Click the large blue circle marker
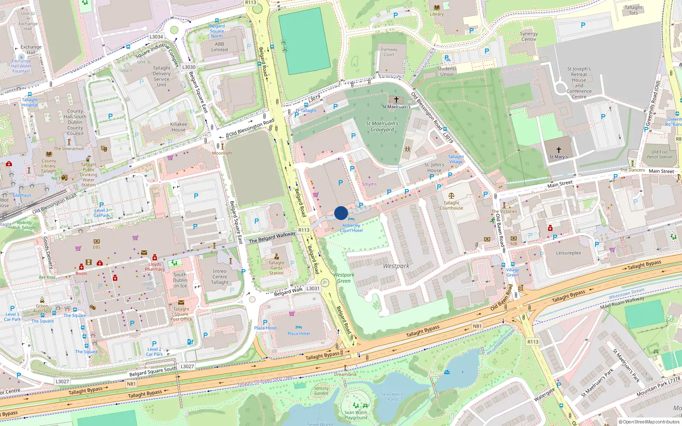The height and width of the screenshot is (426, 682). point(341,213)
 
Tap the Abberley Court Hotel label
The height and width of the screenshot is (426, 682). point(351,228)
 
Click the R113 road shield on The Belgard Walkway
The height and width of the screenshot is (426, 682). point(304,230)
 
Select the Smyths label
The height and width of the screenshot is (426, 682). point(369,184)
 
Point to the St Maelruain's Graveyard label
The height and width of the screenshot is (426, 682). point(382,127)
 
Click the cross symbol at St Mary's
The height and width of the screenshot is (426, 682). point(558,150)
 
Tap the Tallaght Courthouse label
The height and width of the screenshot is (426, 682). point(451,205)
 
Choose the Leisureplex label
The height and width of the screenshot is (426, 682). point(568,253)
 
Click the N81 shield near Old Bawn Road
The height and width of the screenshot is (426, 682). point(477,326)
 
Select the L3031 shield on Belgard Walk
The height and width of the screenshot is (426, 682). point(313,288)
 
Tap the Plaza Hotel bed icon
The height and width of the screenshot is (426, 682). point(299,328)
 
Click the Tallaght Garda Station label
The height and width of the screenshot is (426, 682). point(276,268)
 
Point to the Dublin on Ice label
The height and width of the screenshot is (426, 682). point(180,280)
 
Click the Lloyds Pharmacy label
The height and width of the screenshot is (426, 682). point(155,267)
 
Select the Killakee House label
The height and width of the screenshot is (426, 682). point(179,127)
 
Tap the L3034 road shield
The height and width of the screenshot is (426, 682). point(156,37)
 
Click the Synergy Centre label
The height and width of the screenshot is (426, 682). point(529,36)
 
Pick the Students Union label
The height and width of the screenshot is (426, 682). point(447,71)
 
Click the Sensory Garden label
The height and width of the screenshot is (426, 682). point(321,391)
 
